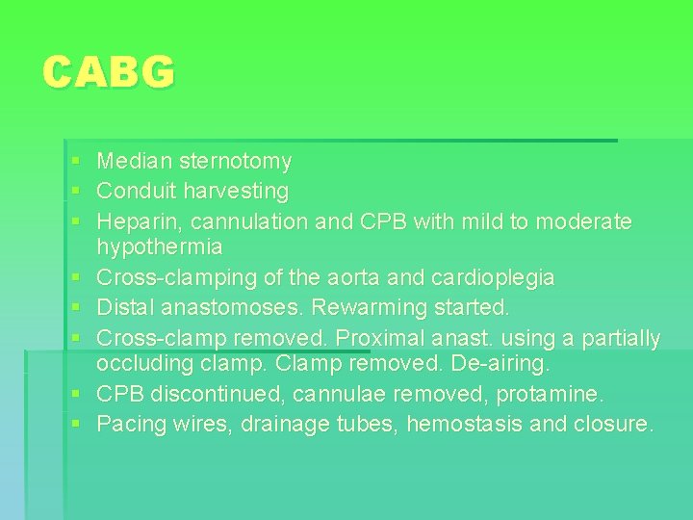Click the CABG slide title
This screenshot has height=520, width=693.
[109, 72]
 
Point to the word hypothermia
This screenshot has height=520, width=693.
[160, 247]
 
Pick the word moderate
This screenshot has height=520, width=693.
[583, 221]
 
